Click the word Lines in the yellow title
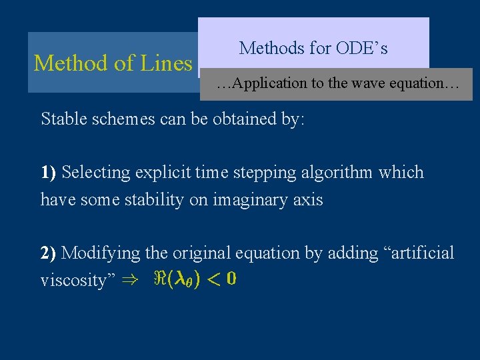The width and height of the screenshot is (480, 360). pyautogui.click(x=166, y=63)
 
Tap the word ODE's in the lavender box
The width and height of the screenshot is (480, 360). pyautogui.click(x=362, y=48)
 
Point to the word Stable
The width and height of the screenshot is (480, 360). pyautogui.click(x=63, y=119)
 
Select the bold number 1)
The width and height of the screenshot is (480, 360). pyautogui.click(x=48, y=173)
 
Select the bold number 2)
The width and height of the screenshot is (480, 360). pyautogui.click(x=49, y=253)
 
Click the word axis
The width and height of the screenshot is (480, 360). pyautogui.click(x=309, y=199)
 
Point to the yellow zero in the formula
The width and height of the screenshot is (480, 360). pyautogui.click(x=230, y=279)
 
